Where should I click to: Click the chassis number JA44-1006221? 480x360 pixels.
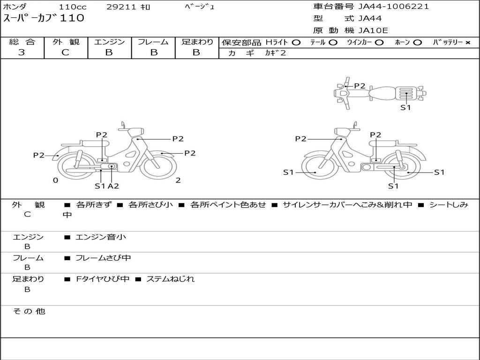coord(393,7)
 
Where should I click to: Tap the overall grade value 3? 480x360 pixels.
coord(22,52)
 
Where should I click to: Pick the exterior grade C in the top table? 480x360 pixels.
coord(65,52)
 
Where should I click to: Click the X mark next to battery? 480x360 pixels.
coord(468,43)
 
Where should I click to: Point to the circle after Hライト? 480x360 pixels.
coord(296,43)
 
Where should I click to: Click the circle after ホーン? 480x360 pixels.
coord(417,43)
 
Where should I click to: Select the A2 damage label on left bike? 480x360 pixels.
coord(113,186)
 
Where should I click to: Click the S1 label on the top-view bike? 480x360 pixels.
coord(405,107)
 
